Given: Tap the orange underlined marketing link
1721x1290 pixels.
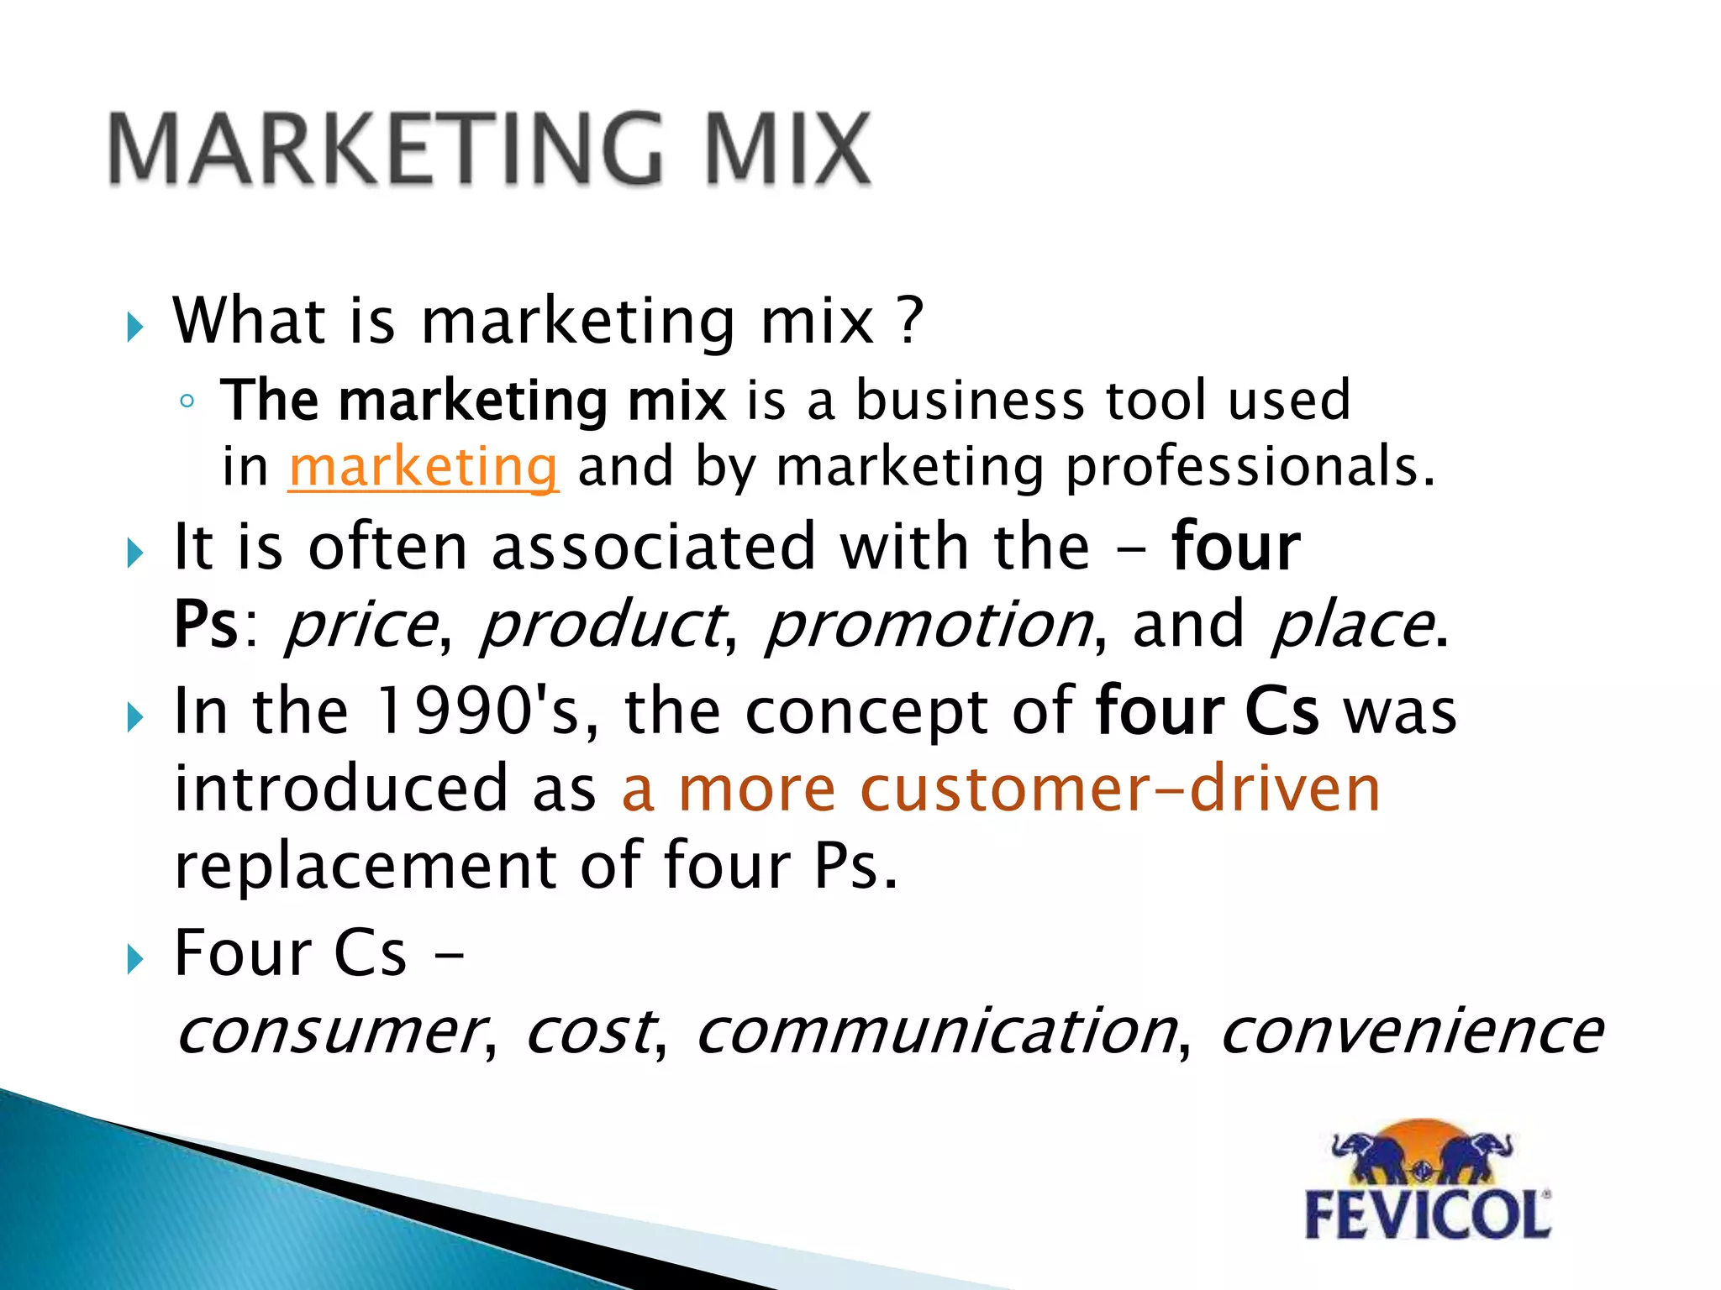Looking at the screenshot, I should pyautogui.click(x=423, y=467).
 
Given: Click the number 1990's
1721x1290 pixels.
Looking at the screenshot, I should pyautogui.click(x=477, y=712).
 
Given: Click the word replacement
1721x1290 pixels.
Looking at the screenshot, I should pyautogui.click(x=365, y=867).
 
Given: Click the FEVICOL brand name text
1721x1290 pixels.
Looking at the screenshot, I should pyautogui.click(x=1427, y=1215).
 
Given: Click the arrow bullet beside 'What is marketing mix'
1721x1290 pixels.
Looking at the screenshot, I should pyautogui.click(x=134, y=327).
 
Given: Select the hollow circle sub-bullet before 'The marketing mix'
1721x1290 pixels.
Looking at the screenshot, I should pyautogui.click(x=187, y=401).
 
